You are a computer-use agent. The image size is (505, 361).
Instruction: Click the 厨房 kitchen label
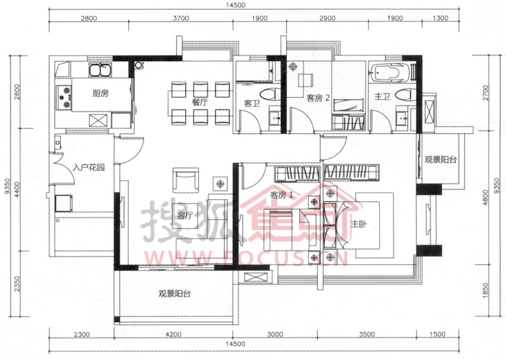point(100,93)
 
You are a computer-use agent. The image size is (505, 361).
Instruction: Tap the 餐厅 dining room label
point(199,102)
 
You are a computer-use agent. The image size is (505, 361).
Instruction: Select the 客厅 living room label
point(185,215)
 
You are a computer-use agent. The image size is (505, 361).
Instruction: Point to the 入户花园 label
point(89,167)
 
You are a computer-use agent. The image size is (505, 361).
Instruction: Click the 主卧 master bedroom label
point(359,223)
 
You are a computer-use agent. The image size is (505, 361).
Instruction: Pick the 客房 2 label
point(318,98)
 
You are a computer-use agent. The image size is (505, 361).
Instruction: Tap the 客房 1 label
point(282,195)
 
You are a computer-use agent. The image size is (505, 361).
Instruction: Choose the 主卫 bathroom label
point(382,96)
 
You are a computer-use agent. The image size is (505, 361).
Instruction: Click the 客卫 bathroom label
point(252,103)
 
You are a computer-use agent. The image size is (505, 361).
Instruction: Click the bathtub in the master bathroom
point(390,72)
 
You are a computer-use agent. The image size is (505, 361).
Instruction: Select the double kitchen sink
point(100,70)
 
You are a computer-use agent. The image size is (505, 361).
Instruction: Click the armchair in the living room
point(186,180)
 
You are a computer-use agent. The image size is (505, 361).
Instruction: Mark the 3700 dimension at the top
point(181,18)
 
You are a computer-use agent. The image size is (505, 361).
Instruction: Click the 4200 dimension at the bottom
point(173,334)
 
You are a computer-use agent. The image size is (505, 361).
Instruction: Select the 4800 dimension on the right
point(485,197)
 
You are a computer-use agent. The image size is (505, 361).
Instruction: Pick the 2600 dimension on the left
point(17,92)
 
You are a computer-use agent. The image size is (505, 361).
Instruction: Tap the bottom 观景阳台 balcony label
point(175,293)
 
